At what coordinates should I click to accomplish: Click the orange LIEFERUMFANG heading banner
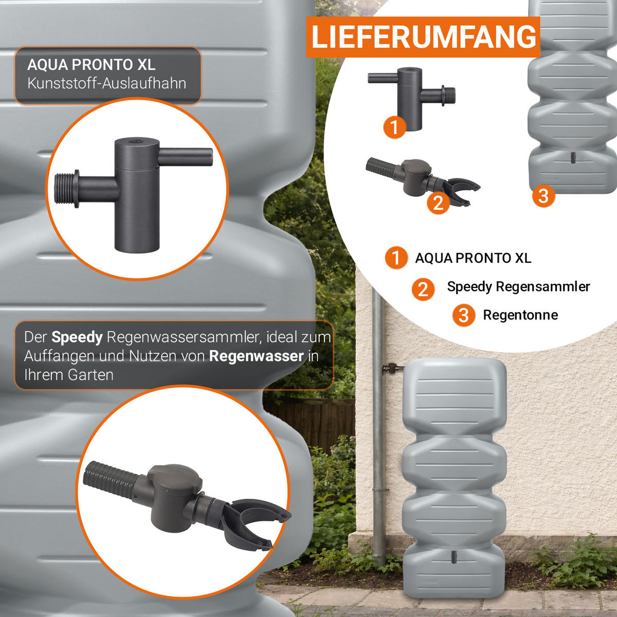(x=423, y=37)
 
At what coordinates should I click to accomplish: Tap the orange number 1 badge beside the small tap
(x=395, y=127)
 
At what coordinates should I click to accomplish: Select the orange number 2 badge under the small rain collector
(x=438, y=203)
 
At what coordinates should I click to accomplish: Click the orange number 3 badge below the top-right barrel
(x=543, y=196)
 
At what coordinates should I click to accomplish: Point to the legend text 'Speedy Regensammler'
(x=518, y=286)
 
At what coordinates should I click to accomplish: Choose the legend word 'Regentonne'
(x=520, y=315)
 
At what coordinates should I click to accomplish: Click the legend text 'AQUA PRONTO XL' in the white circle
(x=473, y=258)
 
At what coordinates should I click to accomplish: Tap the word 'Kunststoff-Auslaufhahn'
(x=106, y=83)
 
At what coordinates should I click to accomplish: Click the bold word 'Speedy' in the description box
(x=77, y=337)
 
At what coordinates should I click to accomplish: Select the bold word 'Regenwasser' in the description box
(x=256, y=356)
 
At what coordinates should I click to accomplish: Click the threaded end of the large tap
(x=66, y=189)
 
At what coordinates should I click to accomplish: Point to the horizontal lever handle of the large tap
(x=185, y=157)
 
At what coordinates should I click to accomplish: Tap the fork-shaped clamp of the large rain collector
(x=253, y=521)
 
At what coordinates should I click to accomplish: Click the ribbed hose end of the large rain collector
(x=110, y=479)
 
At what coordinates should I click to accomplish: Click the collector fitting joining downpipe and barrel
(x=392, y=368)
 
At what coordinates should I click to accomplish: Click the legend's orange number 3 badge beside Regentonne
(x=464, y=315)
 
